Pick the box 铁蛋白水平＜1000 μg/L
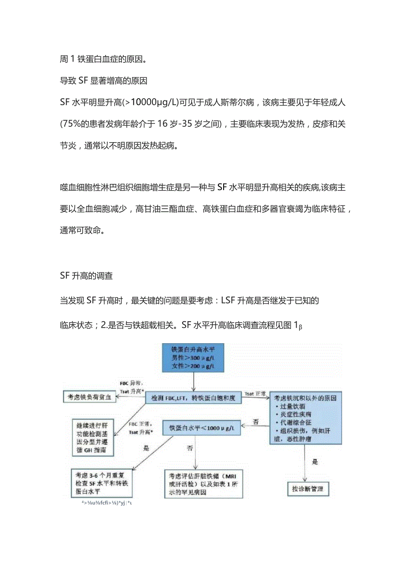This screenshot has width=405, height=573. coord(202,427)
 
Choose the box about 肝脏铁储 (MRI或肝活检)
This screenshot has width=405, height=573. coord(203,484)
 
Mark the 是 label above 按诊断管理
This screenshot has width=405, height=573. coord(315,462)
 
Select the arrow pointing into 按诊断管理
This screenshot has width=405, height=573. coord(305,464)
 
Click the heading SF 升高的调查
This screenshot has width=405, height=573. coord(86,276)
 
